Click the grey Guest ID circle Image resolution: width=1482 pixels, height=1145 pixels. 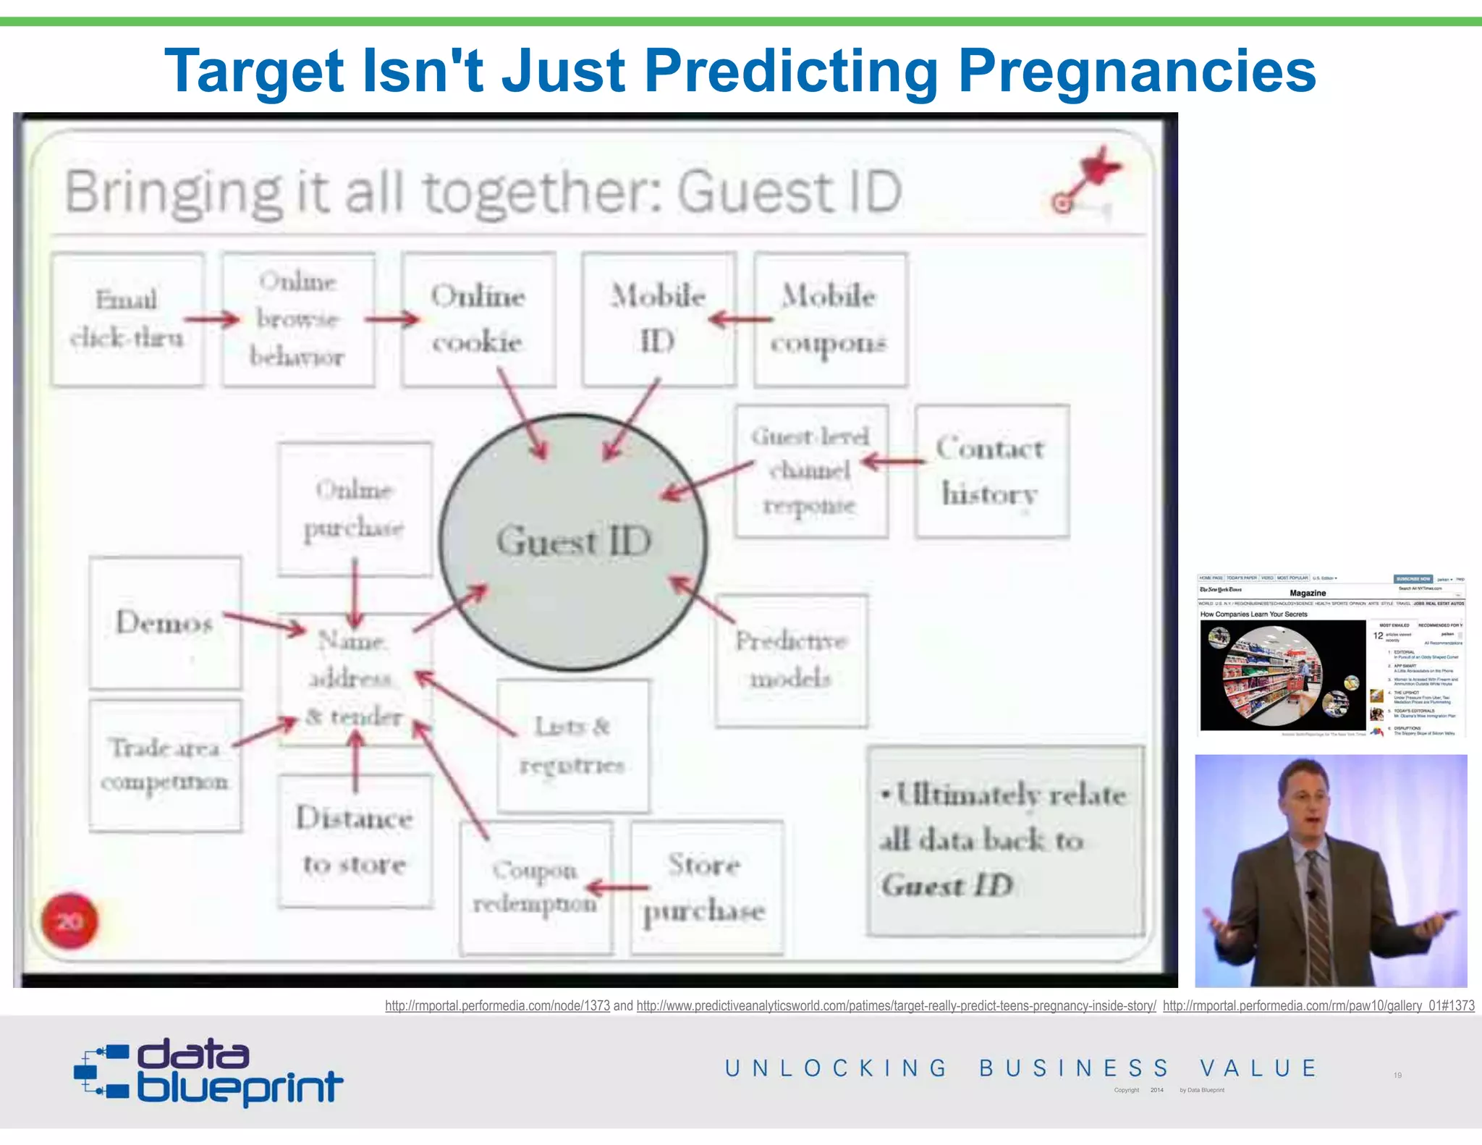[574, 541]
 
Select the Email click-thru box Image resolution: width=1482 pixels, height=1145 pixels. [127, 319]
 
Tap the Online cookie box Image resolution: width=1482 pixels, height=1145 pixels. [478, 319]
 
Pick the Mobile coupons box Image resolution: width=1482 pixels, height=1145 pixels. [830, 319]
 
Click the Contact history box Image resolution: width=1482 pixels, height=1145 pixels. [991, 471]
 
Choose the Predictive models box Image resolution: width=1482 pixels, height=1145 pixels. [792, 660]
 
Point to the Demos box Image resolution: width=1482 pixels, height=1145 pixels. [165, 622]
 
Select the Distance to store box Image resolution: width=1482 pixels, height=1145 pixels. [355, 841]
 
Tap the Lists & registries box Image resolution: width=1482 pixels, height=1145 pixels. [572, 745]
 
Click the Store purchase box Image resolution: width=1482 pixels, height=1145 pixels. [706, 887]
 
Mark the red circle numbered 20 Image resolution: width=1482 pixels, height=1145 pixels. [69, 921]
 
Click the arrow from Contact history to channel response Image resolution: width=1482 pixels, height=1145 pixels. [894, 461]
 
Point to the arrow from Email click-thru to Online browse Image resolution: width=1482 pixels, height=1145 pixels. [211, 319]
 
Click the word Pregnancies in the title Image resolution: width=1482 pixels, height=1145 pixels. [1137, 71]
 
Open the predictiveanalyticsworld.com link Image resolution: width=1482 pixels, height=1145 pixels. [896, 1005]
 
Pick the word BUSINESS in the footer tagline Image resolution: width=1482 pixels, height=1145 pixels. [1074, 1068]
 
